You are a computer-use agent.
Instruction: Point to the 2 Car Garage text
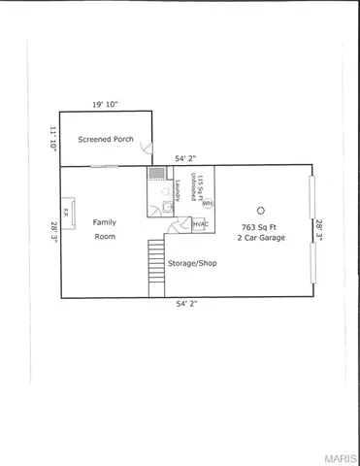[x=261, y=237]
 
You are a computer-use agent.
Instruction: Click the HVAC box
[x=201, y=225]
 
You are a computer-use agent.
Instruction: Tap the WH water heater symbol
[x=208, y=204]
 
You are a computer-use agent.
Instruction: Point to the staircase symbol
[x=156, y=269]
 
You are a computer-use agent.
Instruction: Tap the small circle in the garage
[x=260, y=210]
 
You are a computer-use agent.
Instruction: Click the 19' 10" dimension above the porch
[x=106, y=103]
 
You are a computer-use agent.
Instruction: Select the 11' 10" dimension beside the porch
[x=53, y=138]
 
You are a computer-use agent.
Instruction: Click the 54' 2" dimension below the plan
[x=188, y=304]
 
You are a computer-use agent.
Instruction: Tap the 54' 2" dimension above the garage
[x=188, y=158]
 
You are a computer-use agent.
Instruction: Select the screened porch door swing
[x=147, y=148]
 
